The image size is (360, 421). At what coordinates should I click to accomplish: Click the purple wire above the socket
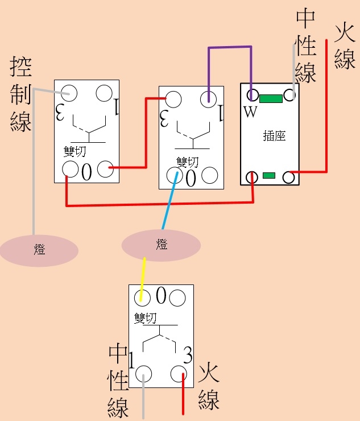point(230,47)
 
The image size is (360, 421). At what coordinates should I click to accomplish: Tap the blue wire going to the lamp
point(169,200)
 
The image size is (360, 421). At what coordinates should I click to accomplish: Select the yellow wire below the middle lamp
point(143,279)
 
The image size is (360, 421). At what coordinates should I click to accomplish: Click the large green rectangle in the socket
point(271,98)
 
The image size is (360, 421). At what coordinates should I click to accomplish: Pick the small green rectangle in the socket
point(269,175)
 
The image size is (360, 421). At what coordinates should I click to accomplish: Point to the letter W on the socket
point(250,112)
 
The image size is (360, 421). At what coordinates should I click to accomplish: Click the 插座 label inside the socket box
point(274,135)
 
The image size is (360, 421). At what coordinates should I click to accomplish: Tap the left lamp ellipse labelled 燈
point(39,250)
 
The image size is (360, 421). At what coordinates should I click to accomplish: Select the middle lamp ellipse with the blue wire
point(161,245)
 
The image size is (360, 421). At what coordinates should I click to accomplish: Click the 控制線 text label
point(20,94)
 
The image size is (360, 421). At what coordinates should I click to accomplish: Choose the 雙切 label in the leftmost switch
point(75,151)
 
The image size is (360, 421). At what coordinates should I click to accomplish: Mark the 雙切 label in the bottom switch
point(145,318)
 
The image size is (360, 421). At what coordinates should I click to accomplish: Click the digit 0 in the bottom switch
point(161,295)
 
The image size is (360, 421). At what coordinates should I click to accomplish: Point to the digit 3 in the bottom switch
point(188,355)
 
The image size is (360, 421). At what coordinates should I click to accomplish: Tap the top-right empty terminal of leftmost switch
point(104,93)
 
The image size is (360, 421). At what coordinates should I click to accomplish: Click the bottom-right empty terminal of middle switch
point(210,175)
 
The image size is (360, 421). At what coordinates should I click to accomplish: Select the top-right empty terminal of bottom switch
point(177,298)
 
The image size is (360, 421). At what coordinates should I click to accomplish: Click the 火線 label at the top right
point(345,47)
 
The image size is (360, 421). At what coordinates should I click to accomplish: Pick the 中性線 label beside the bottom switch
point(118,381)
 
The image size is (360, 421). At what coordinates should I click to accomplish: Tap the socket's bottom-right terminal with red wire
point(289,177)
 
